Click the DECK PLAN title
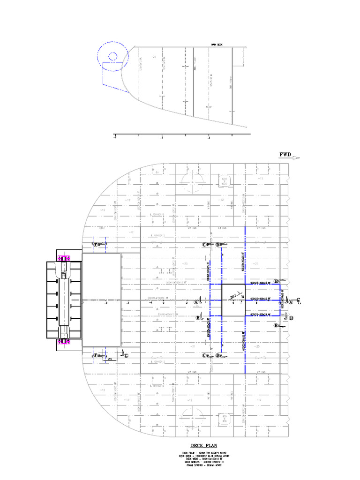(203, 445)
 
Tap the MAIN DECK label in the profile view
(217, 45)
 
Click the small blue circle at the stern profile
(112, 57)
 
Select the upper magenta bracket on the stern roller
(63, 258)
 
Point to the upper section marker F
(96, 245)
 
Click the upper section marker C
(204, 245)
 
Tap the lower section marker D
(218, 356)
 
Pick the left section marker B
(198, 318)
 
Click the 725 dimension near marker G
(109, 359)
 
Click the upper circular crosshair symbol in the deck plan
(191, 180)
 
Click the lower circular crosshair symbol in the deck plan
(191, 416)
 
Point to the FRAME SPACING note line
(203, 465)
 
